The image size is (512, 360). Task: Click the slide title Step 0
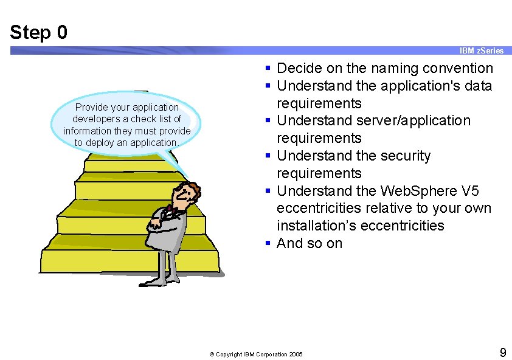(39, 32)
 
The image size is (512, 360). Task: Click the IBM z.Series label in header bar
(481, 50)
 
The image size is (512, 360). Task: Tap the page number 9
(502, 352)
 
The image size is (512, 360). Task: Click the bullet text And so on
(310, 244)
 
